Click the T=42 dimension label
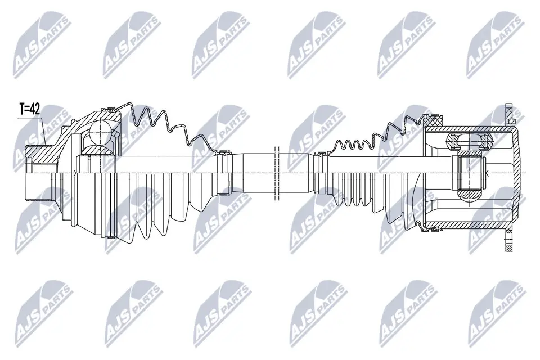[29, 109]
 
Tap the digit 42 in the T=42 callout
[35, 109]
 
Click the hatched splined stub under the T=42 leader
[38, 152]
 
